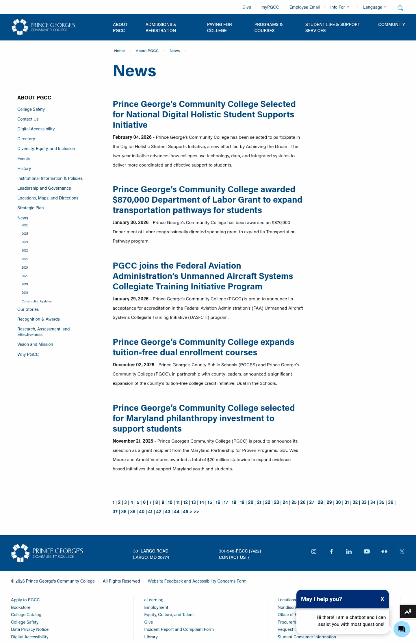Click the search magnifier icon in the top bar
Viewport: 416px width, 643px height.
(400, 8)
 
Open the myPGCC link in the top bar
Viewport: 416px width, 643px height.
(270, 7)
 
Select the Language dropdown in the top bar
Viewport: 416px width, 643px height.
(374, 7)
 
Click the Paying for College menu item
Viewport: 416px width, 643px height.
(219, 27)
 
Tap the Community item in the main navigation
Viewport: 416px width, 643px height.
(391, 25)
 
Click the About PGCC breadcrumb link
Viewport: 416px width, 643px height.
(147, 51)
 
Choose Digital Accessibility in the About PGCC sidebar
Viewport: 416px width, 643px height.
(36, 129)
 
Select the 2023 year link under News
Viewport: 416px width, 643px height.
(25, 250)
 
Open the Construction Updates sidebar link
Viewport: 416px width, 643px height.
(36, 301)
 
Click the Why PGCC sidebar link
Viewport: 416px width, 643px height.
(28, 354)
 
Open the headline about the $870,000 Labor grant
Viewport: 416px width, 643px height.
(207, 200)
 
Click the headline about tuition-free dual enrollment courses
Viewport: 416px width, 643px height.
(203, 347)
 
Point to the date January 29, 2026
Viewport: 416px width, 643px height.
(131, 299)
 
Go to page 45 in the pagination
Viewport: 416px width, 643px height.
(185, 511)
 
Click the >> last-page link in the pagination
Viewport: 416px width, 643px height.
(196, 511)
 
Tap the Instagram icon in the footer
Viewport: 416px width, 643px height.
(314, 551)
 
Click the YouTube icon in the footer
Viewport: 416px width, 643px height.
(367, 551)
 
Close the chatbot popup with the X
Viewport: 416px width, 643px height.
(382, 599)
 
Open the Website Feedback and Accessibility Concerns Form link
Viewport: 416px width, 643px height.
(197, 581)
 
